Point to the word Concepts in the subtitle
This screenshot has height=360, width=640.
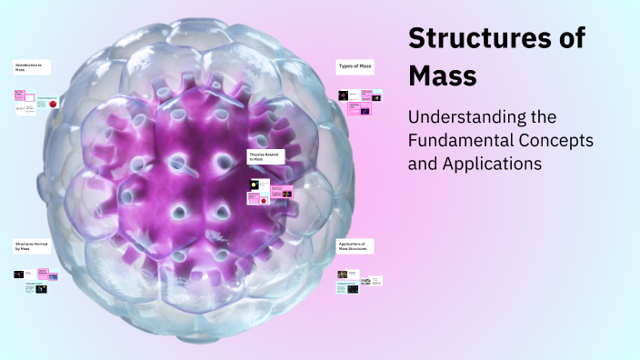[x=561, y=141]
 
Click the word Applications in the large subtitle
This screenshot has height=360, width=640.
[x=490, y=165]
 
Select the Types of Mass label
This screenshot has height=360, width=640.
[x=356, y=67]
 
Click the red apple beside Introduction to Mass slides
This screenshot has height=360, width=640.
[x=53, y=105]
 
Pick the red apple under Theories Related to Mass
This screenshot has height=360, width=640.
[x=263, y=201]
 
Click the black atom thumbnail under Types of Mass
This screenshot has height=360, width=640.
[x=344, y=95]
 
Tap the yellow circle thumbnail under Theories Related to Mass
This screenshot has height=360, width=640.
[x=254, y=185]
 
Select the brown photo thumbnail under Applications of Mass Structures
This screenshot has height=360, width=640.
[x=342, y=274]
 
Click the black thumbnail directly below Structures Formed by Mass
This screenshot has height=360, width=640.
[x=18, y=274]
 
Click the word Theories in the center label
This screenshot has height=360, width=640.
[x=257, y=155]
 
